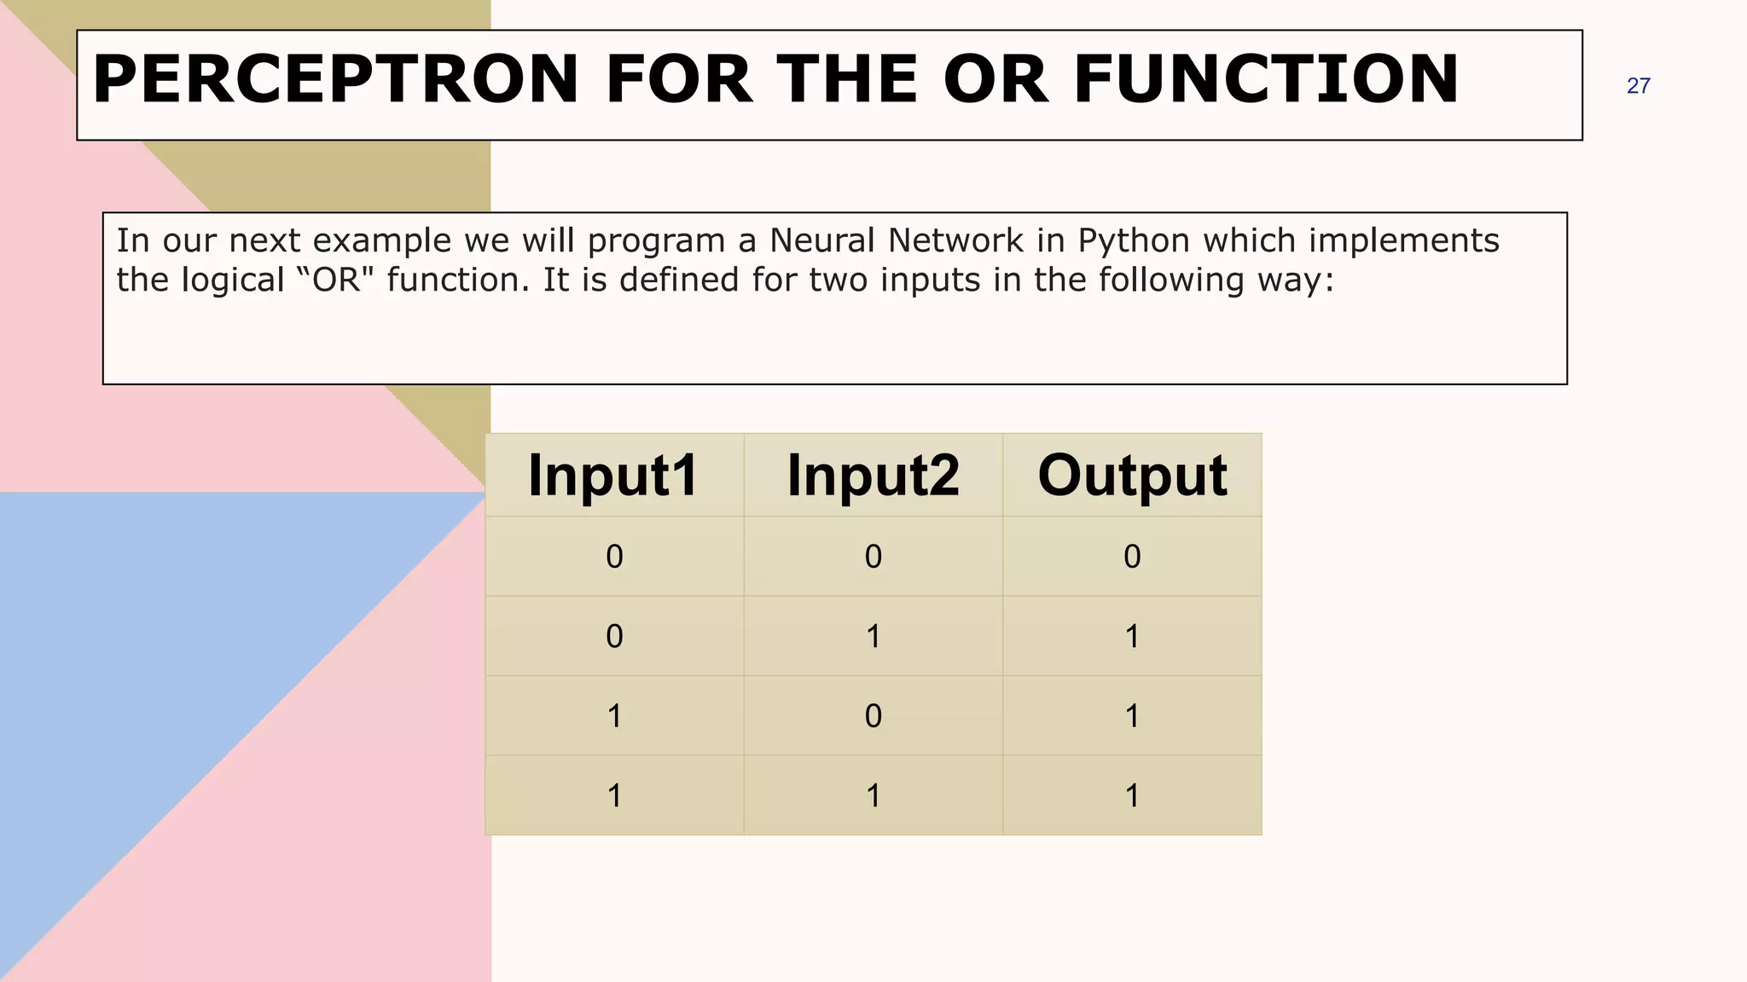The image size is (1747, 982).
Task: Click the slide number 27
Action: [x=1638, y=86]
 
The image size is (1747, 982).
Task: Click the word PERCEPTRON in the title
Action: [x=336, y=79]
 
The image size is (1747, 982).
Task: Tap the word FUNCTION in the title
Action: [x=1266, y=79]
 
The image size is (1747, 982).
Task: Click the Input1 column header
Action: [x=614, y=476]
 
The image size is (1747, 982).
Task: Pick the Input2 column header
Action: [x=873, y=476]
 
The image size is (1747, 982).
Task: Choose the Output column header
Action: [x=1132, y=476]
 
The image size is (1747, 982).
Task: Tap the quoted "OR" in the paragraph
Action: [x=337, y=280]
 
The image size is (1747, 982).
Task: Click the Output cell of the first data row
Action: [x=1132, y=557]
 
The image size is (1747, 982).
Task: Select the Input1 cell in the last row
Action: [x=614, y=796]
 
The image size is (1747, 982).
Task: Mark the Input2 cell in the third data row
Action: [x=873, y=716]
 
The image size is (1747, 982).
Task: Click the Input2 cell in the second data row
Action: [x=873, y=637]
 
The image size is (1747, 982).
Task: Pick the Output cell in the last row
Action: [x=1132, y=796]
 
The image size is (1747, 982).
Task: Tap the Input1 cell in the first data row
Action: [x=614, y=557]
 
